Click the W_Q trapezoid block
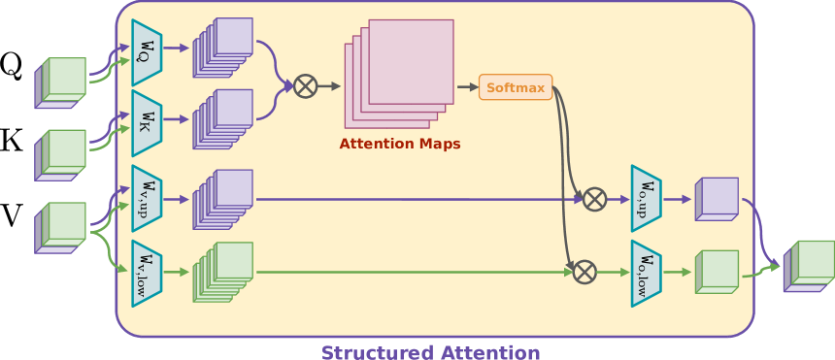click(146, 47)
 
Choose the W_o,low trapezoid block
click(646, 273)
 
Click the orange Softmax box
click(516, 87)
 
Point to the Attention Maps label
click(400, 144)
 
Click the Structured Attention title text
click(430, 351)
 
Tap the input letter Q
click(11, 65)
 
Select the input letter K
click(11, 140)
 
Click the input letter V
click(11, 214)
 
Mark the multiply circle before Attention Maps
click(306, 86)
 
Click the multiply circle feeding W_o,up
click(594, 199)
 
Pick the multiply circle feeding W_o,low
click(584, 273)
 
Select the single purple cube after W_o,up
click(716, 197)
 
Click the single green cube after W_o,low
click(717, 272)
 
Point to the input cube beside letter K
click(61, 152)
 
